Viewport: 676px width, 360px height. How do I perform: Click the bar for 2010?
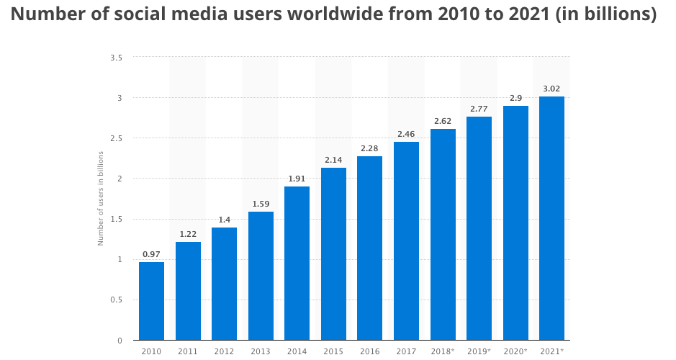[x=151, y=301]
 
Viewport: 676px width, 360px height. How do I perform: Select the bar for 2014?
[x=297, y=263]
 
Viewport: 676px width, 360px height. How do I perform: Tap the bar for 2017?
[x=406, y=240]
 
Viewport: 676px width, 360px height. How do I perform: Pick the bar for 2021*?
[x=551, y=218]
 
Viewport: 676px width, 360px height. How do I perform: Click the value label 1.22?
[x=188, y=233]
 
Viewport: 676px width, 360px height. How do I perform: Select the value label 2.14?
[x=333, y=159]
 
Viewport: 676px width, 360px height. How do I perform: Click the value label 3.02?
[x=551, y=89]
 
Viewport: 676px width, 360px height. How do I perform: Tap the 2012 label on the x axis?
[x=224, y=351]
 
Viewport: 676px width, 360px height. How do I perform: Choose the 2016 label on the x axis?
[x=369, y=351]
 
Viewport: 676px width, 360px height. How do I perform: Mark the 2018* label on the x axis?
[x=443, y=351]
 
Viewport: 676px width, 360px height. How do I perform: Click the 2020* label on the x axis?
[x=515, y=351]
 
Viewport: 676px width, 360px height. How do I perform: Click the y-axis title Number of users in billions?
[x=101, y=198]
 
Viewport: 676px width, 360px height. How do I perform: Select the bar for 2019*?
[x=479, y=228]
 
